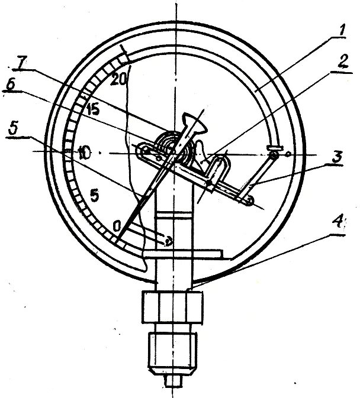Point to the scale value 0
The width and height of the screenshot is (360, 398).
click(117, 225)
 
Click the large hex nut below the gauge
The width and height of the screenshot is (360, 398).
click(173, 308)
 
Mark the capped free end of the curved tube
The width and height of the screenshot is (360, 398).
click(273, 148)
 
